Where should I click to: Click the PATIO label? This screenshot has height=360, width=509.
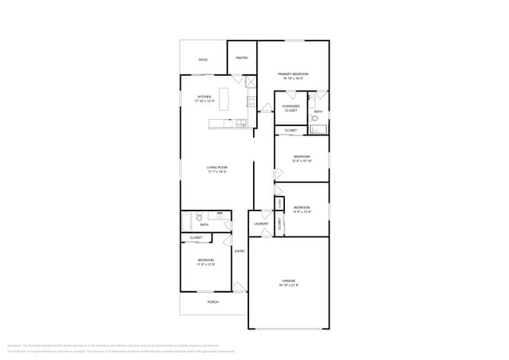[203, 59]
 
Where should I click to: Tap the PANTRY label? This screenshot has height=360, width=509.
[242, 57]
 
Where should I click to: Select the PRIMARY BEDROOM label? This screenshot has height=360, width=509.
[292, 76]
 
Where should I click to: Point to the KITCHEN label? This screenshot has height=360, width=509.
[204, 99]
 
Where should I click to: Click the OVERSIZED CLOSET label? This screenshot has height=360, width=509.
[290, 109]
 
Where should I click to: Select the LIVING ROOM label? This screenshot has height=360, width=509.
[217, 169]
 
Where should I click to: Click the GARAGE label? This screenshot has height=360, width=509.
[290, 283]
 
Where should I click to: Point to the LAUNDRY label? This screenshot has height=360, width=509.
[261, 224]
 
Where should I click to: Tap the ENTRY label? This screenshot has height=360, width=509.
[240, 250]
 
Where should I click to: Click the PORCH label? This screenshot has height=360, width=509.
[212, 302]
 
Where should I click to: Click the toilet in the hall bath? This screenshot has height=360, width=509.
[200, 218]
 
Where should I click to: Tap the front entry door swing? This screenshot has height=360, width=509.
[239, 287]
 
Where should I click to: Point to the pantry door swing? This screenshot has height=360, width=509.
[236, 78]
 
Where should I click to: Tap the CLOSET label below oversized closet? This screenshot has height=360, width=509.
[290, 130]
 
